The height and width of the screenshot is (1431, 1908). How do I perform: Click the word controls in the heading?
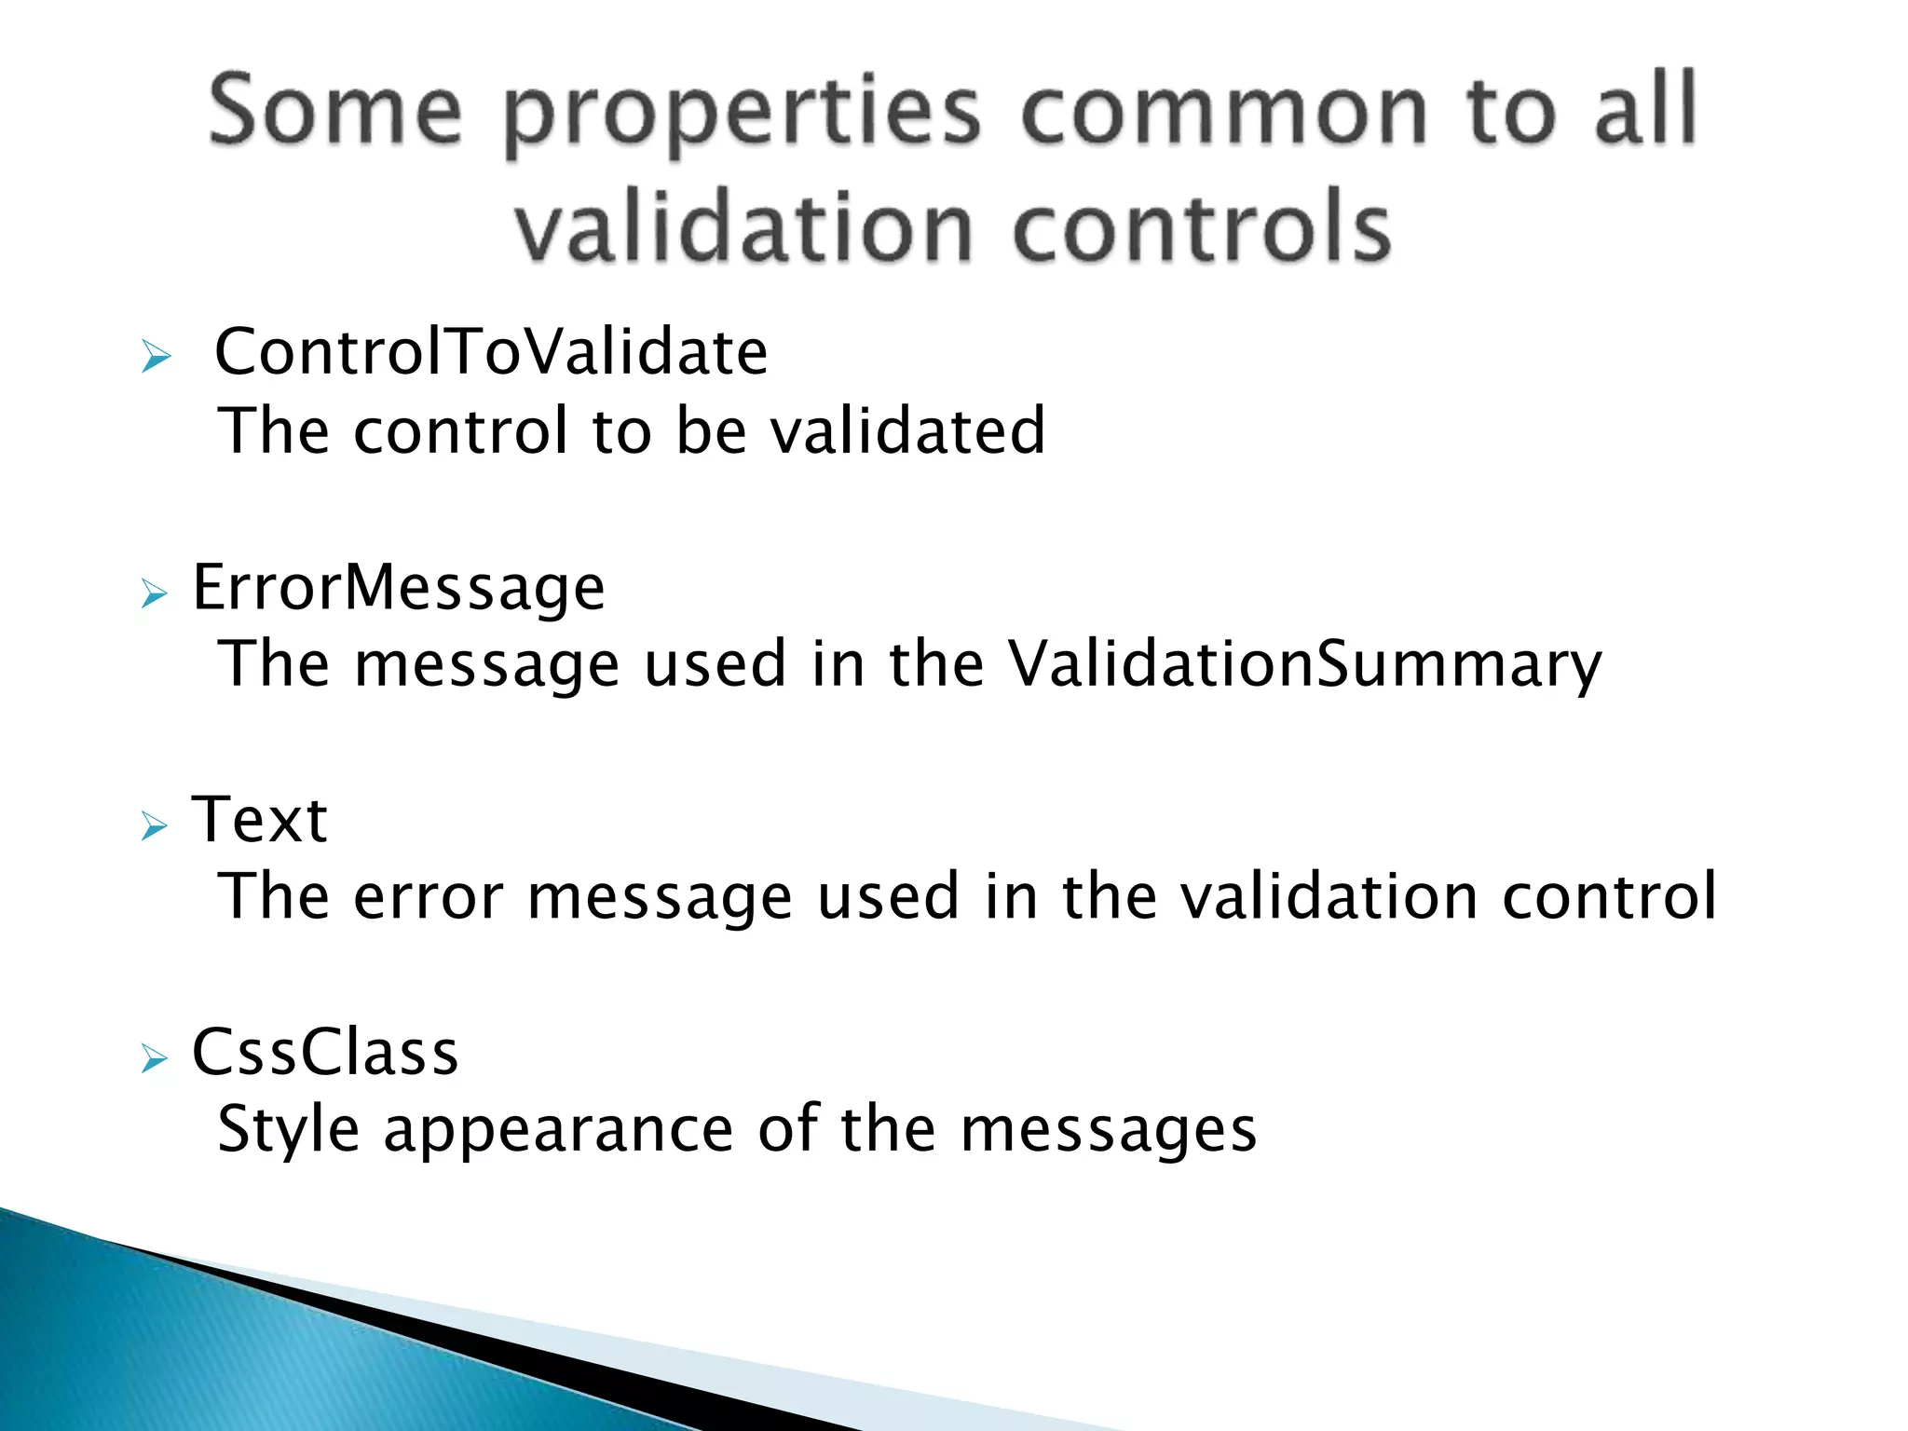point(1201,228)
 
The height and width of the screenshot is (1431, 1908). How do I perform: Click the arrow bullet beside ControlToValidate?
point(156,357)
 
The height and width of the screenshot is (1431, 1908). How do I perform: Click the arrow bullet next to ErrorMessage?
point(155,593)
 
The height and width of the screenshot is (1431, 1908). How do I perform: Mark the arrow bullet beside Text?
point(155,825)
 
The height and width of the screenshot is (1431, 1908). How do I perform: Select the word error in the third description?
point(428,896)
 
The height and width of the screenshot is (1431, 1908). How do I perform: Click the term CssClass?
point(325,1053)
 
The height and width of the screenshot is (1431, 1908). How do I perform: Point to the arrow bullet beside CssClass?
point(155,1058)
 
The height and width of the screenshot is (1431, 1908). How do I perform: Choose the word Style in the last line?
point(288,1129)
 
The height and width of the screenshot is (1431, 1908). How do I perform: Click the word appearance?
point(558,1131)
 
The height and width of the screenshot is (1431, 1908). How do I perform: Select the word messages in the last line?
point(1108,1131)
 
